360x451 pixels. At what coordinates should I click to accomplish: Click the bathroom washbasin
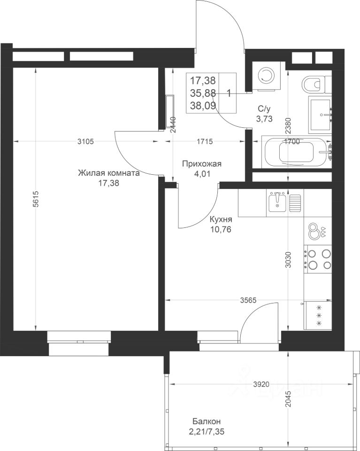321,115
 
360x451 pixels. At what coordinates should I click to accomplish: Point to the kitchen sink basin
277,202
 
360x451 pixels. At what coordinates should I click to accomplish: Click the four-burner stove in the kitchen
318,258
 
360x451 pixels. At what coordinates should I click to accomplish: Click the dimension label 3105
85,141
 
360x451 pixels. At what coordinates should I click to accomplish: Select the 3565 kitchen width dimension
248,300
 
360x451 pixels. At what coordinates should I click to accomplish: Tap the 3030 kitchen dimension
288,260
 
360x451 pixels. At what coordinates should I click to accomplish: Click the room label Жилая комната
108,173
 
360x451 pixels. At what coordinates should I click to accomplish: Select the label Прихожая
202,164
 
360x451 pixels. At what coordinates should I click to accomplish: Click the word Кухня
221,219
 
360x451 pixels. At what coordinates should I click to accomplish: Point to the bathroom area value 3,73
264,118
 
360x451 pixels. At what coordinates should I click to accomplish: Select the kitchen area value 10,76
221,230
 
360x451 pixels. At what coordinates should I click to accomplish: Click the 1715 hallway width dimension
205,141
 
